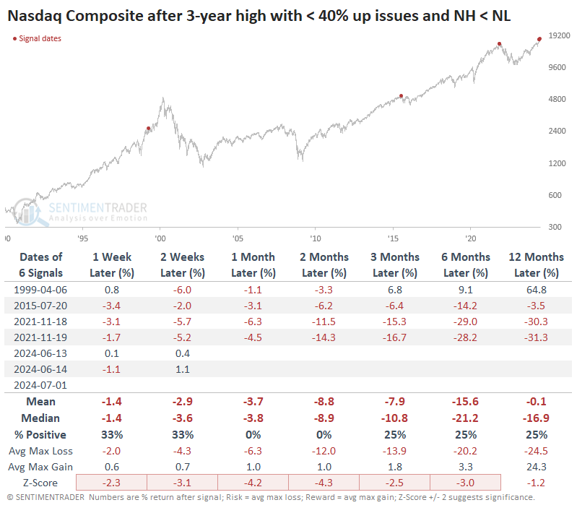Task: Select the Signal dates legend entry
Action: pyautogui.click(x=37, y=38)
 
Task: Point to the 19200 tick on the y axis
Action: pyautogui.click(x=558, y=35)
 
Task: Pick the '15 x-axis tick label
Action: pyautogui.click(x=392, y=238)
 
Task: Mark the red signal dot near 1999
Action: pyautogui.click(x=149, y=129)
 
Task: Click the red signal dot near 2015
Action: pyautogui.click(x=401, y=95)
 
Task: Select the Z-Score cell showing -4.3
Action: pyautogui.click(x=324, y=483)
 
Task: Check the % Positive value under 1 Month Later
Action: pyautogui.click(x=253, y=434)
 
